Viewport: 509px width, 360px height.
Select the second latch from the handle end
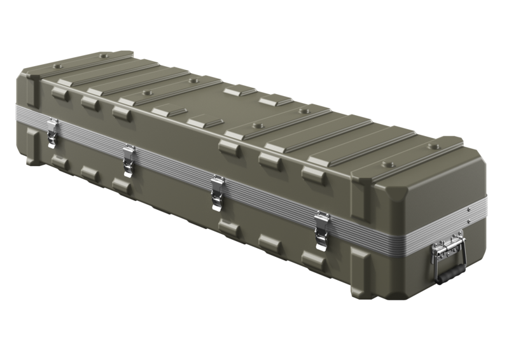tap(217, 190)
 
